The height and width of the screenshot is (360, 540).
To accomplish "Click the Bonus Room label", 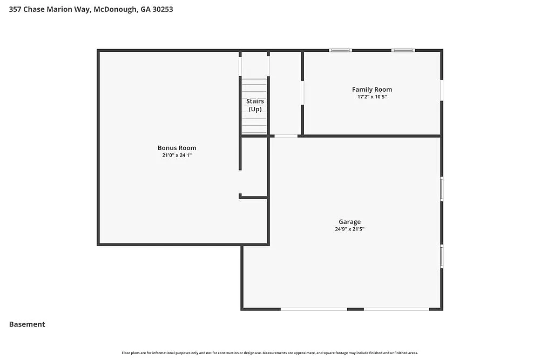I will tap(177, 148).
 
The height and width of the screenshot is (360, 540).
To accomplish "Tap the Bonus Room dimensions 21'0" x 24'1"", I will tap(177, 155).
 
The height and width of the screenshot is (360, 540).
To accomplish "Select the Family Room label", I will tap(372, 90).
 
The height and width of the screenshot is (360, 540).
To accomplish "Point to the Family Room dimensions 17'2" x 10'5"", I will tap(372, 97).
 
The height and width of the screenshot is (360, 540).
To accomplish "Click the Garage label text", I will tap(349, 222).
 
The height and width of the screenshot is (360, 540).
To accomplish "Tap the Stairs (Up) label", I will tap(255, 105).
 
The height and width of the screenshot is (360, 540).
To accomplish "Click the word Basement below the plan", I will tap(27, 324).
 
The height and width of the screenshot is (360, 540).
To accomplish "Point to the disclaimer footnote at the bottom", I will tap(270, 353).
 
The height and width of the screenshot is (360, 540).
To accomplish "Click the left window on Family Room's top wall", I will tap(341, 51).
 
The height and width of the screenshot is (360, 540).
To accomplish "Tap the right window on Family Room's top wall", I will tap(403, 51).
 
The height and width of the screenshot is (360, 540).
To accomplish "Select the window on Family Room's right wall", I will tap(441, 90).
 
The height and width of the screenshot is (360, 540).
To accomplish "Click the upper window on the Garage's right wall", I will tap(441, 189).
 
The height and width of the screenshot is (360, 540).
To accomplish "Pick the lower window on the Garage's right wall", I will tap(441, 256).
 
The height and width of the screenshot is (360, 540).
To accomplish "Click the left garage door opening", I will tap(314, 309).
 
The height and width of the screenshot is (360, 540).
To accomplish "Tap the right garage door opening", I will tap(396, 309).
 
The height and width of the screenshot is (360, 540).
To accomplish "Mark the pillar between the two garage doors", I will tap(355, 309).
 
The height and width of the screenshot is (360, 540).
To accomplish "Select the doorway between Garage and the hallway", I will tap(286, 135).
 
